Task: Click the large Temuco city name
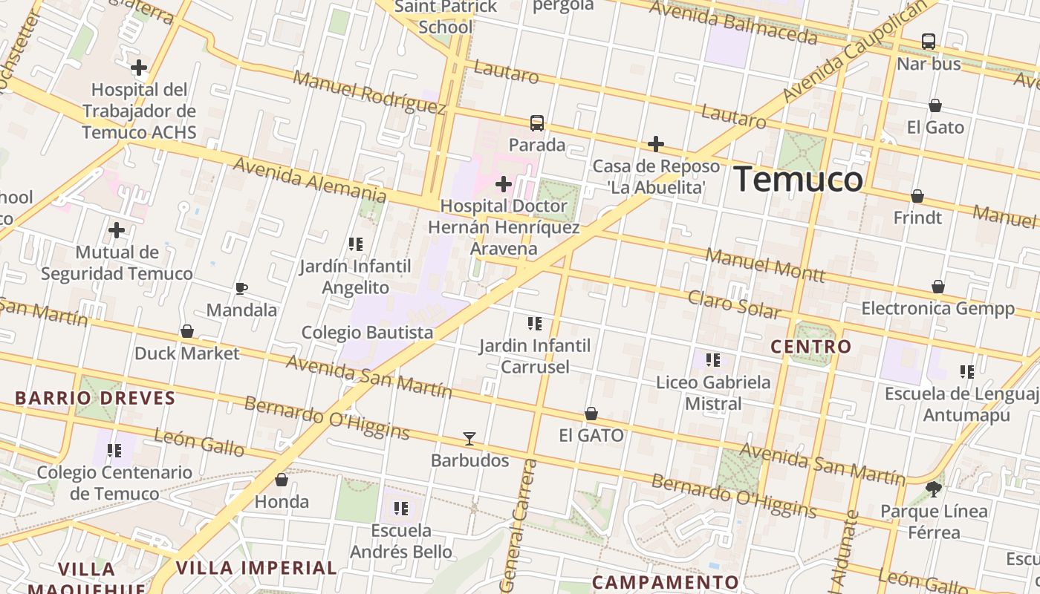coord(799,180)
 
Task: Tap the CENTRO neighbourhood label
coord(811,347)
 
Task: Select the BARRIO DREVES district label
coord(95,398)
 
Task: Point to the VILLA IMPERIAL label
coord(256,568)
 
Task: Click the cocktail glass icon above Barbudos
coord(469,438)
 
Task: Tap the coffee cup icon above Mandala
coord(241,288)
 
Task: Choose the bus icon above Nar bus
coord(929,42)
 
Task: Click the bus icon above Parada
coord(536,123)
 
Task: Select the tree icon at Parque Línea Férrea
coord(934,489)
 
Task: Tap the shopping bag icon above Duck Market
coord(187,331)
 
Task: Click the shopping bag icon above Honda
coord(282,480)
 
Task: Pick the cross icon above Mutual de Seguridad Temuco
coord(117,230)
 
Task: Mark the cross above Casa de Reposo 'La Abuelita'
coord(655,143)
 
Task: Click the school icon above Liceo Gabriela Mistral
coord(713,360)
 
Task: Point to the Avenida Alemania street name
coord(310,179)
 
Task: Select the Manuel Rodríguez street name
coord(368,93)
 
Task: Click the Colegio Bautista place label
coord(367,332)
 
